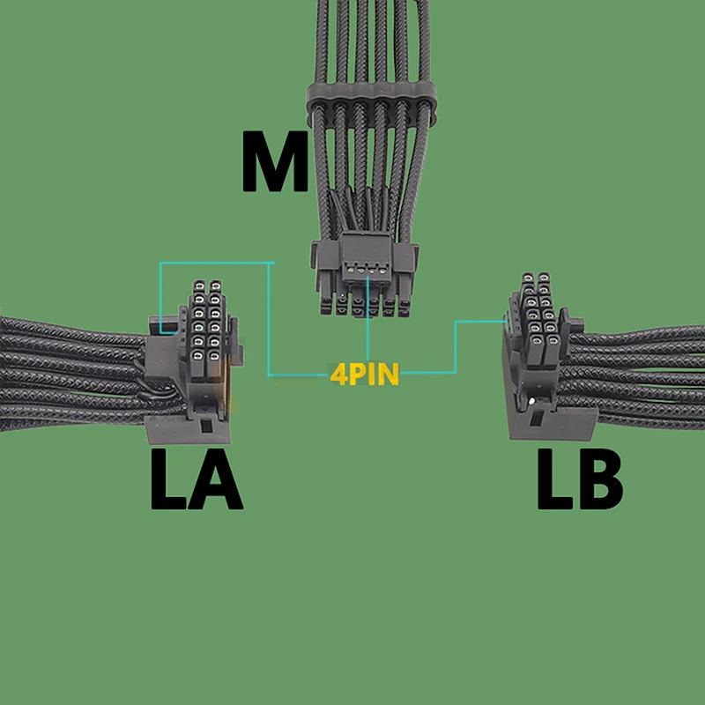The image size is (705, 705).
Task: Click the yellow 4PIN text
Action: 364,374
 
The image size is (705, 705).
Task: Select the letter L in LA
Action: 169,480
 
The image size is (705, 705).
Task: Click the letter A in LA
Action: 215,480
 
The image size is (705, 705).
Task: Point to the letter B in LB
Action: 598,480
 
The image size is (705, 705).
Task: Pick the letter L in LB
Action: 555,480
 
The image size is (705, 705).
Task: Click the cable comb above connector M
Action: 370,106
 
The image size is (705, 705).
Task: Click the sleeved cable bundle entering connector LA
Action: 70,370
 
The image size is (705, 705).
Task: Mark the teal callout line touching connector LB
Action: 480,323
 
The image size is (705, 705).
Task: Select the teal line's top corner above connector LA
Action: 160,263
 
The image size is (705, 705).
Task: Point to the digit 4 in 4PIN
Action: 337,374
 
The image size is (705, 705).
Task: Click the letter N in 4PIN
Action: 388,374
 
